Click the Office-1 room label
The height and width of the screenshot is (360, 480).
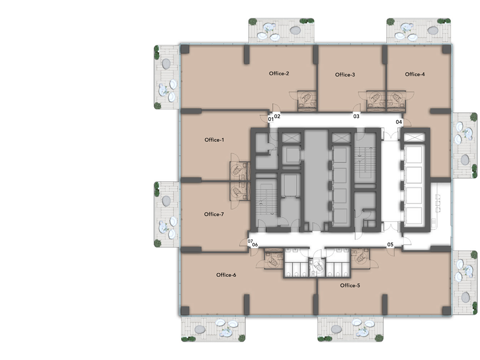point(214,140)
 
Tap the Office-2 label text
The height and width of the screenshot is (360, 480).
point(279,73)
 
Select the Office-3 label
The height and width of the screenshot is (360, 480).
point(345,75)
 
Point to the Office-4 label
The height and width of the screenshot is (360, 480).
point(415,74)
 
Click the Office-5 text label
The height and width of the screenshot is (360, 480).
point(350,286)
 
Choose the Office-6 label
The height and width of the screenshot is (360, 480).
point(226,275)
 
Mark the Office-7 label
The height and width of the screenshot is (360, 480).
point(214,214)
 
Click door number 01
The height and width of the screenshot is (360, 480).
point(271,119)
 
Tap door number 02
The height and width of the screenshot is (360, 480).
point(277,116)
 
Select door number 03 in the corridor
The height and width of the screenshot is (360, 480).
point(356,116)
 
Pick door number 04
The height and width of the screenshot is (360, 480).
point(399,122)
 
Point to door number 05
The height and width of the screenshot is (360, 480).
point(390,244)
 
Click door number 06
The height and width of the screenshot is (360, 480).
point(255,245)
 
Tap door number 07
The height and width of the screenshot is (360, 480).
point(250,241)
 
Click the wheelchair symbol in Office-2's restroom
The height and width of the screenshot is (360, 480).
point(307,97)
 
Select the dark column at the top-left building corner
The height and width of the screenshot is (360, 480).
point(185,49)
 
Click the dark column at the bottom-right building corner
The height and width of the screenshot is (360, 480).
point(447,310)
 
